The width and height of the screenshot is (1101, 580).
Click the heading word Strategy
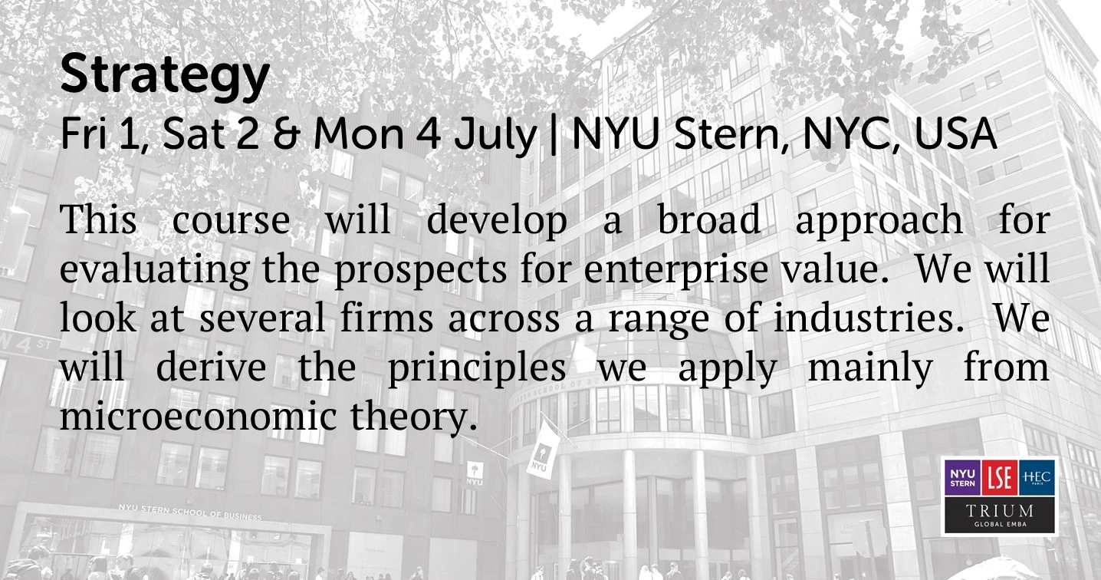(165, 75)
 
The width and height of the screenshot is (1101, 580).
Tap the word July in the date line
(495, 136)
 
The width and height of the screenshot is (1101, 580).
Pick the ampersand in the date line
(286, 134)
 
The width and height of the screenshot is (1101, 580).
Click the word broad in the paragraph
(708, 219)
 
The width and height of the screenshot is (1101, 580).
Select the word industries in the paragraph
(868, 318)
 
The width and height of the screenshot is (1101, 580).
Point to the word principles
(477, 369)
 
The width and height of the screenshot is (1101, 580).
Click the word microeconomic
(198, 416)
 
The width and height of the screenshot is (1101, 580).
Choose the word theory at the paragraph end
(413, 417)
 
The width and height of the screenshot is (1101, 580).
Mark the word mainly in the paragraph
(870, 369)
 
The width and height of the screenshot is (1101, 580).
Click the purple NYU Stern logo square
(962, 478)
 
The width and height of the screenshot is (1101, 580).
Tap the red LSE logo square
(1000, 478)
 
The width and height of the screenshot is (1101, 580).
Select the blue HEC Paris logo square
(1037, 478)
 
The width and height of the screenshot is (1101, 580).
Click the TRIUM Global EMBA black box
(1000, 515)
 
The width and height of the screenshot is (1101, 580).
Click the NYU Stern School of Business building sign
(189, 512)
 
